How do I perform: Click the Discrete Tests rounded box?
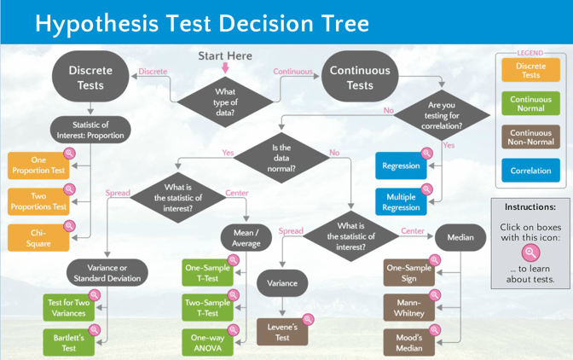tap(90, 77)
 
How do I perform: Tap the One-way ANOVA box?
tap(207, 343)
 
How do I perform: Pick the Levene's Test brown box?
tap(282, 333)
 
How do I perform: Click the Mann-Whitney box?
tap(408, 308)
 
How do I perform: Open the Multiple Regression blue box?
tap(401, 202)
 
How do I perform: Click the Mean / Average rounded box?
tap(246, 237)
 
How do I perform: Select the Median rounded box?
tap(460, 237)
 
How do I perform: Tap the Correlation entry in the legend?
tap(530, 171)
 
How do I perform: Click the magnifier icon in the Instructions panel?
tap(531, 253)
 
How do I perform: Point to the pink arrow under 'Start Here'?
tap(225, 67)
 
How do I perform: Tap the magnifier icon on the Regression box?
tap(426, 154)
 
